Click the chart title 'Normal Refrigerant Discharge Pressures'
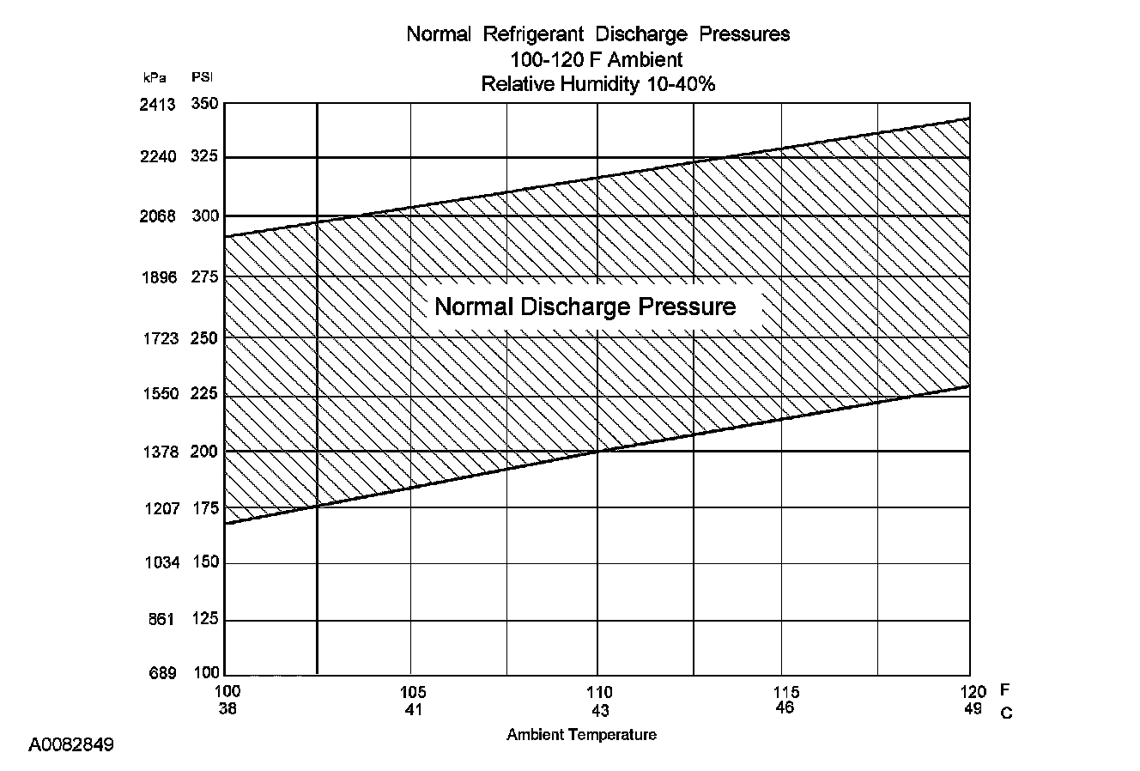tap(597, 34)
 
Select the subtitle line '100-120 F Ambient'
tap(597, 59)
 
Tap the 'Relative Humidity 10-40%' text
tap(597, 84)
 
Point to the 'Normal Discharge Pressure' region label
tap(585, 307)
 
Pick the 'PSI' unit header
tap(203, 77)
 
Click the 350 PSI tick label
tap(204, 105)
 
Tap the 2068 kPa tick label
tap(157, 216)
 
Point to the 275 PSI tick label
tap(204, 277)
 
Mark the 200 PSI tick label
tap(204, 452)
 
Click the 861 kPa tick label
tap(161, 620)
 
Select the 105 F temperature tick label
tap(412, 692)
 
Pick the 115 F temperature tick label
tap(785, 692)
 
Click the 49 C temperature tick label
tap(973, 709)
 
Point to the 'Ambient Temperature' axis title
tap(581, 735)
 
